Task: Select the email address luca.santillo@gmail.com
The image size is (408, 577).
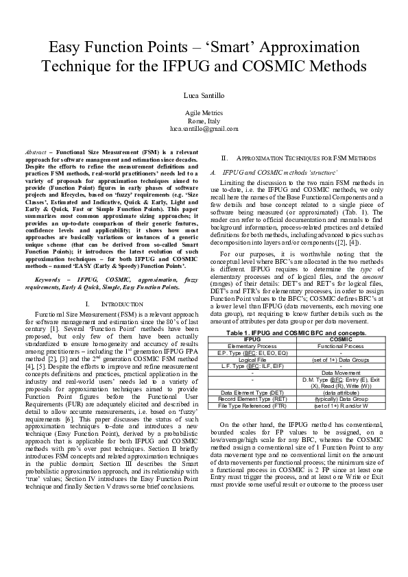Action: click(x=204, y=128)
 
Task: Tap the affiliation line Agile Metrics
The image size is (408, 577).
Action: click(x=204, y=112)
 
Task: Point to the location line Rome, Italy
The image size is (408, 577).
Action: click(x=204, y=121)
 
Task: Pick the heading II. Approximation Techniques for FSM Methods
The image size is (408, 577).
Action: click(x=298, y=157)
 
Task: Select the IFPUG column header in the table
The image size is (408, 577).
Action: click(x=252, y=339)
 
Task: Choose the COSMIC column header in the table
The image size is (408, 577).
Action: click(x=341, y=339)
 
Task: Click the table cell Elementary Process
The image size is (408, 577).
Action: click(x=252, y=346)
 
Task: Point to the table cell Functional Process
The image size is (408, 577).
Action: click(x=341, y=346)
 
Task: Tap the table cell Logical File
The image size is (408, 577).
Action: click(x=252, y=359)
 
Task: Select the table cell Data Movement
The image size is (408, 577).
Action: click(x=341, y=372)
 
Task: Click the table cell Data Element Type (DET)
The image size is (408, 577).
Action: click(x=252, y=391)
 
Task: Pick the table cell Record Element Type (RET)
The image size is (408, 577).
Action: click(x=252, y=398)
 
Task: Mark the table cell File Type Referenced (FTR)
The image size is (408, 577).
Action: click(x=252, y=405)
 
